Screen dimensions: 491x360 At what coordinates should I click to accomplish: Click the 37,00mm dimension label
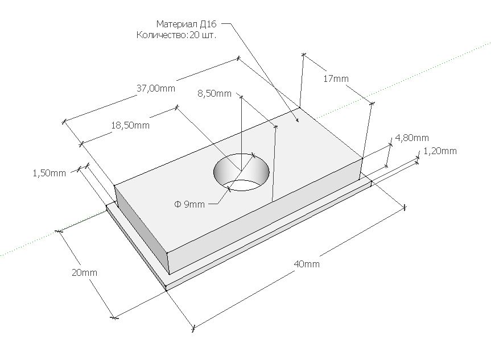156,88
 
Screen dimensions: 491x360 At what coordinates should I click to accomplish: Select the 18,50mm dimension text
130,125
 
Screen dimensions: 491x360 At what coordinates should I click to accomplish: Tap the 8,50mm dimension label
214,93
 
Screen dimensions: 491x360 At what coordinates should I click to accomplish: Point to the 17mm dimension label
336,78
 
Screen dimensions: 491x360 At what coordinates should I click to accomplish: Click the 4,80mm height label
412,138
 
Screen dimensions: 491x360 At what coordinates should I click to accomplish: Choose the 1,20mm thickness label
440,151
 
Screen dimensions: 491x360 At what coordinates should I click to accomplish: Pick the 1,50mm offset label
49,173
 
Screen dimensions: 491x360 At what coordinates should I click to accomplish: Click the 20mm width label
85,272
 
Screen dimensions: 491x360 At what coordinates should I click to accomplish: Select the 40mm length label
307,264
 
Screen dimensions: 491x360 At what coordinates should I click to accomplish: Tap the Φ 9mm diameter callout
189,204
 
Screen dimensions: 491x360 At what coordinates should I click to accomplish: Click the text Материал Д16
186,24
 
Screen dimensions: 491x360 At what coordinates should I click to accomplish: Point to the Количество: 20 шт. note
176,35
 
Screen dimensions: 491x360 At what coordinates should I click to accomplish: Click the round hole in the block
241,172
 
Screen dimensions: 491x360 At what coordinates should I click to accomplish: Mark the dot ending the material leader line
297,120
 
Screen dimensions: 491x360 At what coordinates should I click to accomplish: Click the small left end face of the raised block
141,229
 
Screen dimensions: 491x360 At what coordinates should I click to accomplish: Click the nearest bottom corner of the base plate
166,291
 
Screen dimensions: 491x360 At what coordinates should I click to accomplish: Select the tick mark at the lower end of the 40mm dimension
193,328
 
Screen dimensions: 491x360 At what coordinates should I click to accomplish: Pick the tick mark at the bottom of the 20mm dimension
114,318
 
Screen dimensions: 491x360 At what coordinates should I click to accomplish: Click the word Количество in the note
161,35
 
